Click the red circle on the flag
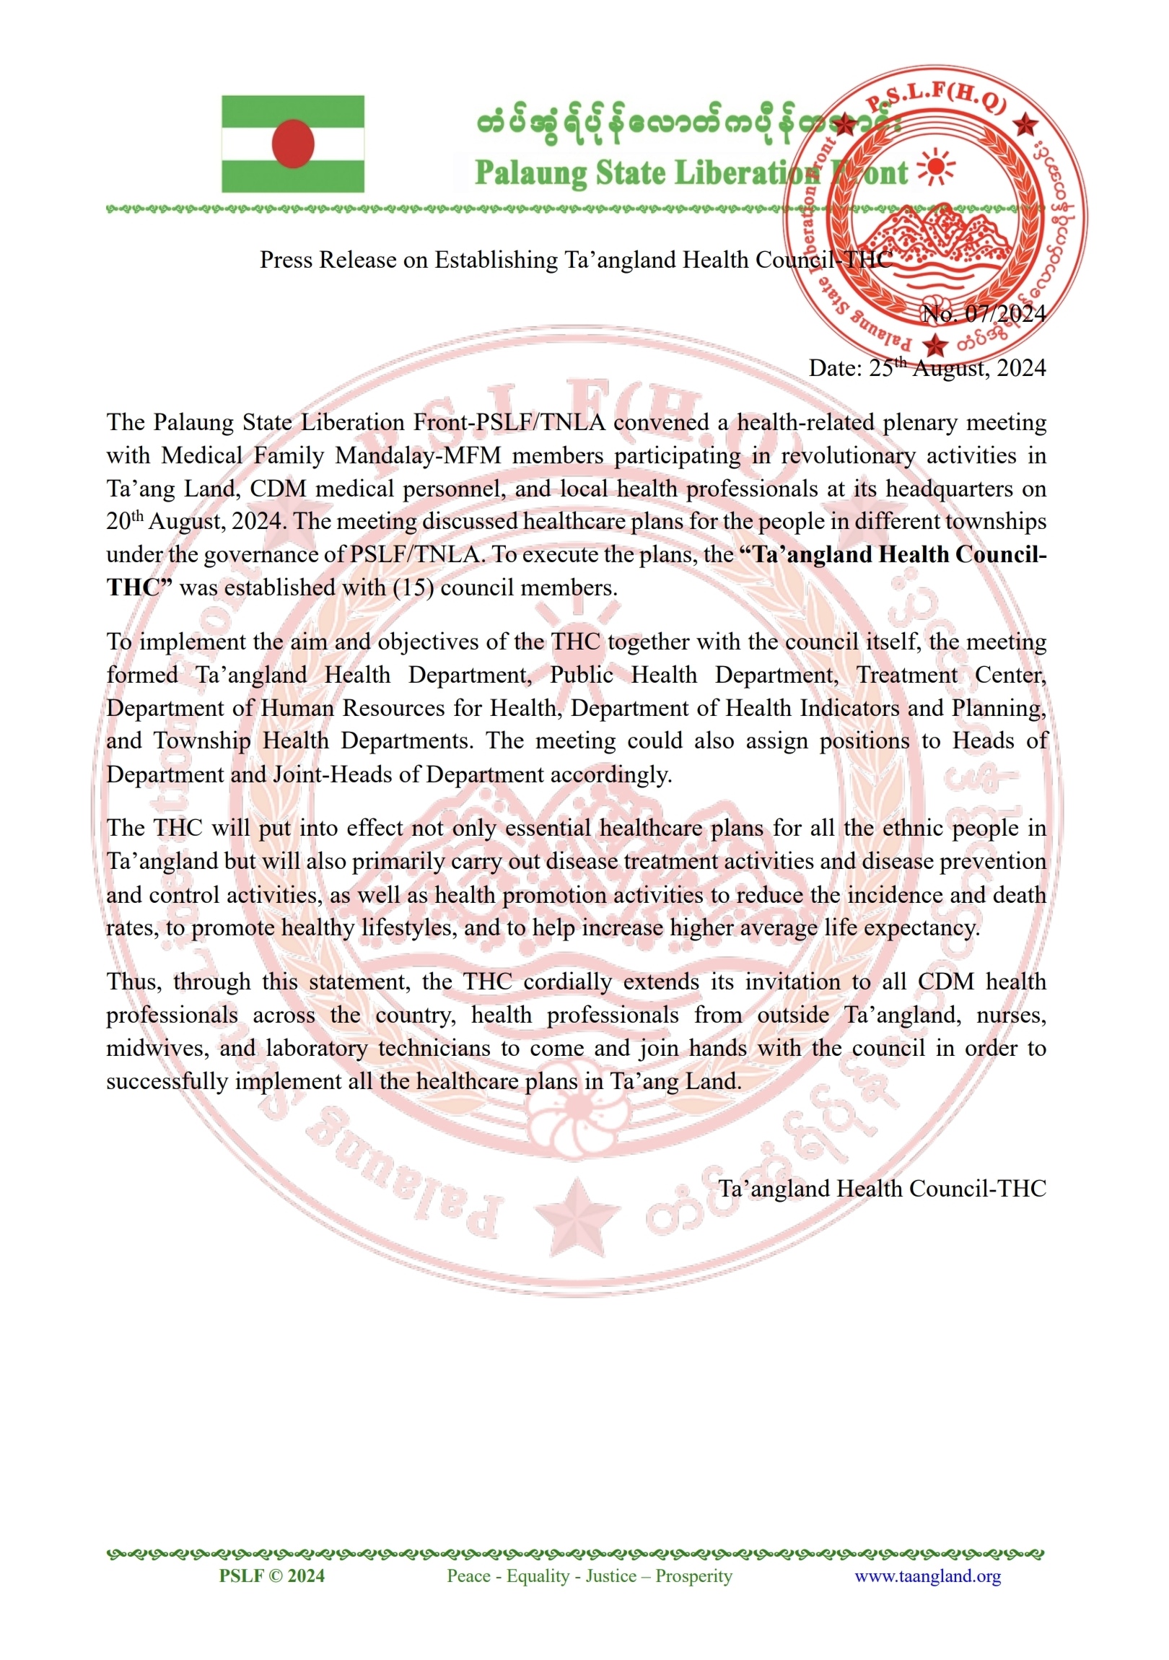293,143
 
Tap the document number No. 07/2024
984,314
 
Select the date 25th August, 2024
927,368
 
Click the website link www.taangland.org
927,1576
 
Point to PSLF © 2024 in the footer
272,1576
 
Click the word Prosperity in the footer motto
693,1576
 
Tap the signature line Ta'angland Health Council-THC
882,1189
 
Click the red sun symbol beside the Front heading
935,167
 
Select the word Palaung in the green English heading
530,173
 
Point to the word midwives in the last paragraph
154,1049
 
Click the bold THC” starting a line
139,587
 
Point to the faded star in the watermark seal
577,1218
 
